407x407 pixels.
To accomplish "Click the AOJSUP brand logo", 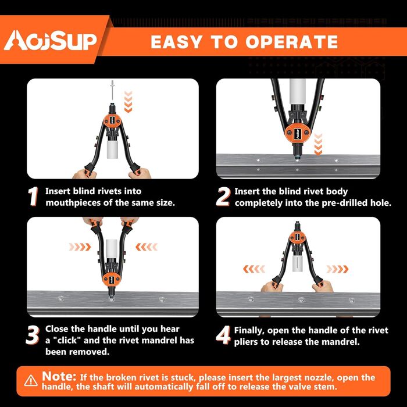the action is (50, 41).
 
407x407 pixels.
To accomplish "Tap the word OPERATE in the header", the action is (291, 42).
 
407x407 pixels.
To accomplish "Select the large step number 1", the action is (33, 197).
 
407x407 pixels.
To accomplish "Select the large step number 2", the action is (223, 197).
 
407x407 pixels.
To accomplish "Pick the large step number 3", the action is (33, 335).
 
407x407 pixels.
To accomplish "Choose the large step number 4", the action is (223, 335).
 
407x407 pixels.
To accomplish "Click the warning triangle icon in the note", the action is (31, 380).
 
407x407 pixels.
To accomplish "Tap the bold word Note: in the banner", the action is (59, 376).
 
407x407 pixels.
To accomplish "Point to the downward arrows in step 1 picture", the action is (128, 102).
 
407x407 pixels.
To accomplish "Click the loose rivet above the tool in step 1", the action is (112, 90).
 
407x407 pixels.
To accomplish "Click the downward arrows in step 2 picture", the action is (318, 144).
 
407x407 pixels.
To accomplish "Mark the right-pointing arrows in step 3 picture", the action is (80, 247).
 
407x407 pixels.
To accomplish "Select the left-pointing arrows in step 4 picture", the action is (254, 269).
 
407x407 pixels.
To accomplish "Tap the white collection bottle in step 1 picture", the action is (112, 149).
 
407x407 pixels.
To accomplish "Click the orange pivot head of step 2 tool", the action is (297, 134).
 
